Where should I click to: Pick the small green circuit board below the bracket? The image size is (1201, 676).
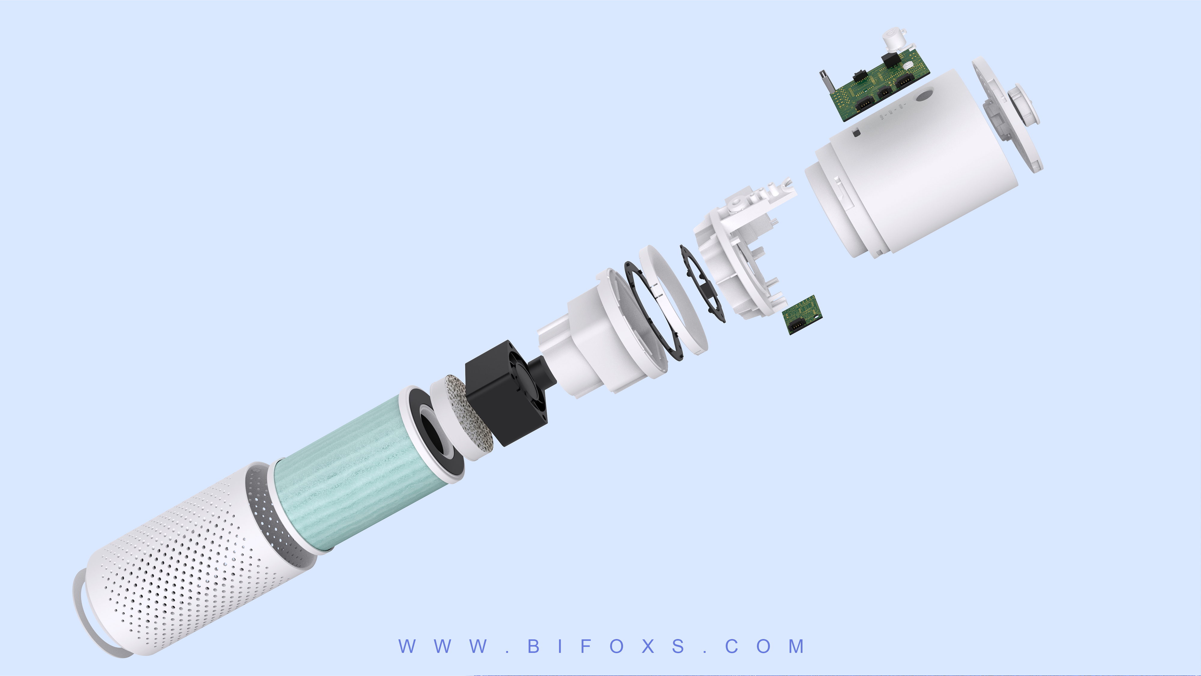[802, 315]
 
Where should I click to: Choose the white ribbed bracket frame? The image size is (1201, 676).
[741, 247]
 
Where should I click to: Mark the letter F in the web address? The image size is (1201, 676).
[586, 647]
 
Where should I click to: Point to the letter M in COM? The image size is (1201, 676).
[796, 647]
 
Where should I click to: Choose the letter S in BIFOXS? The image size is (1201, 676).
[678, 647]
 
